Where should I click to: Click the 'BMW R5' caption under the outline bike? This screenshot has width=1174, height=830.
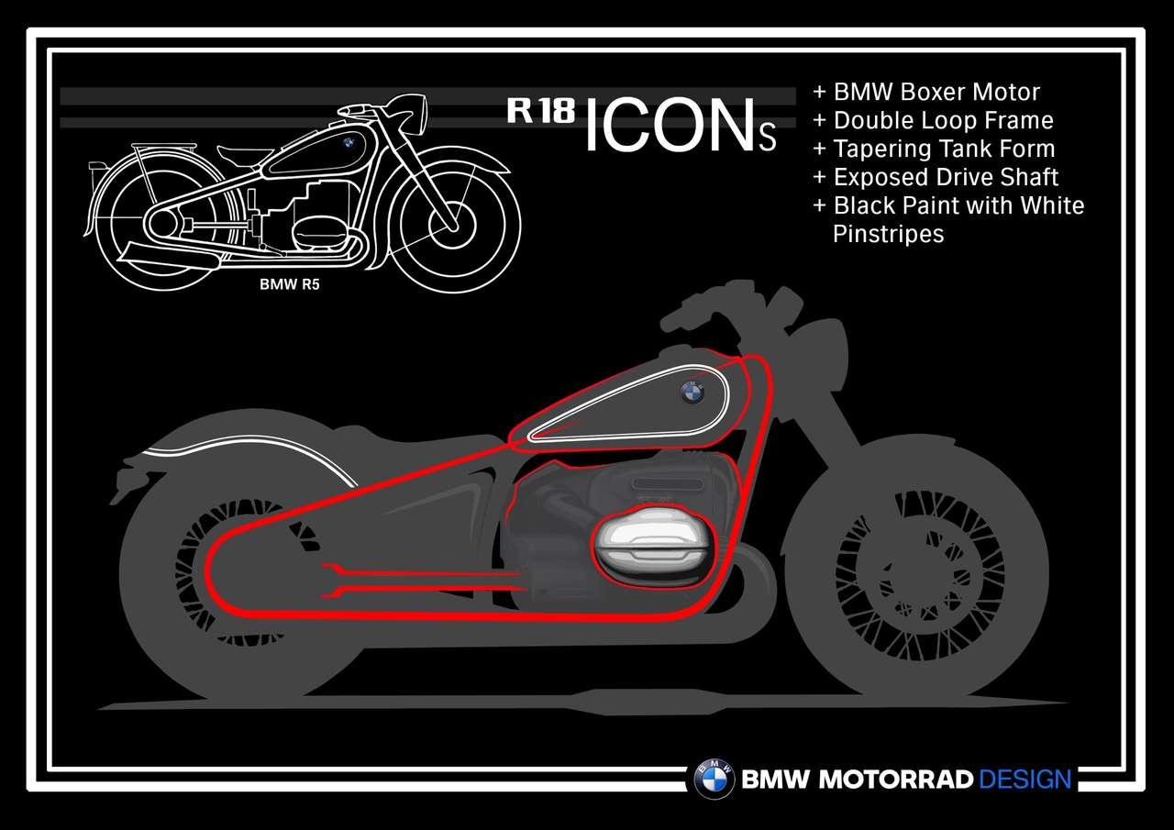click(x=289, y=284)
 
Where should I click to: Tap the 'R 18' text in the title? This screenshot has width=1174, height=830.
click(x=541, y=111)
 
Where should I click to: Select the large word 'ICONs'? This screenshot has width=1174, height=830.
click(x=680, y=126)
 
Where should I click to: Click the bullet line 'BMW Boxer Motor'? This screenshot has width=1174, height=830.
click(x=926, y=93)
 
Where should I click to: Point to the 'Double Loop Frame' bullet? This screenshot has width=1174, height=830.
click(x=934, y=120)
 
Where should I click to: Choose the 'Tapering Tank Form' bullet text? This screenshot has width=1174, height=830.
click(x=934, y=149)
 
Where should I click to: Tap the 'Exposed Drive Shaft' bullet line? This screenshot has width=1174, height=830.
click(x=936, y=177)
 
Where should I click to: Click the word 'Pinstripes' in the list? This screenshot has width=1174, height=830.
click(x=889, y=234)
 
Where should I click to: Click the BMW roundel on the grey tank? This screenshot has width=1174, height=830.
click(x=692, y=393)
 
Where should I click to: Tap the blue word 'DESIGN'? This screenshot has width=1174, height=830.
click(x=1024, y=780)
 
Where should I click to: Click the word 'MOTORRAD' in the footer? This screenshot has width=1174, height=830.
click(x=896, y=780)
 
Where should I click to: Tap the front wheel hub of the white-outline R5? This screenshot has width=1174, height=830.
click(x=452, y=227)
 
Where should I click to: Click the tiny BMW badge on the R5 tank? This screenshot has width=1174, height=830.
click(x=348, y=142)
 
